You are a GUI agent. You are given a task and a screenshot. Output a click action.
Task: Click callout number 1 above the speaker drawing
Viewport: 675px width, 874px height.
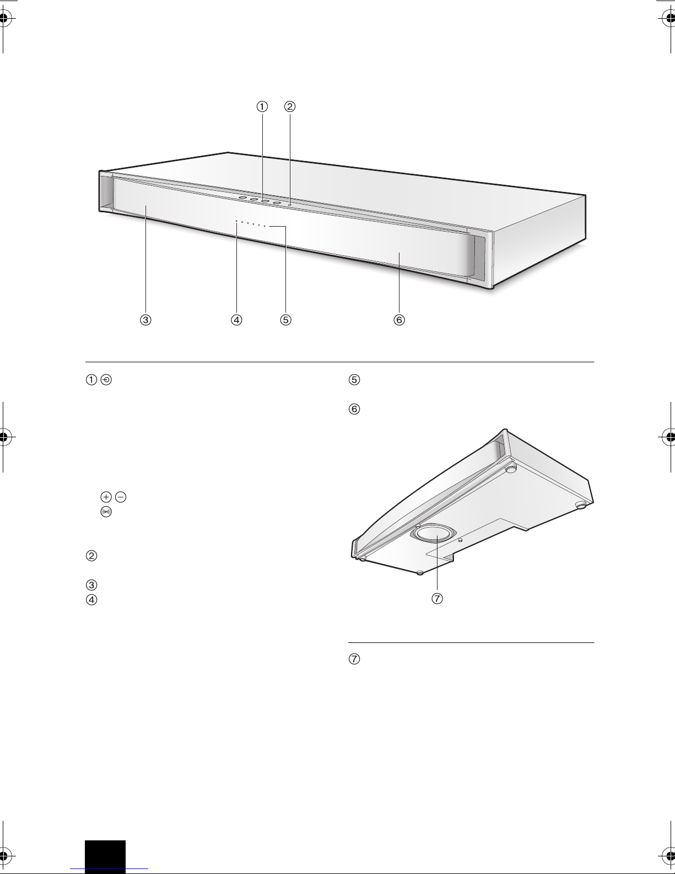point(262,106)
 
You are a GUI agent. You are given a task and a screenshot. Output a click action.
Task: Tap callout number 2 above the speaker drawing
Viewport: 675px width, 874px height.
point(290,106)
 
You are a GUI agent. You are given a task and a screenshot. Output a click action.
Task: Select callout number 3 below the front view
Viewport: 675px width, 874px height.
point(145,320)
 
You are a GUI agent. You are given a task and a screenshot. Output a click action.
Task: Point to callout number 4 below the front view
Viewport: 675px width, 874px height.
point(236,320)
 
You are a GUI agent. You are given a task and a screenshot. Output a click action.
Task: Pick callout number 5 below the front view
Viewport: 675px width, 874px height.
point(285,320)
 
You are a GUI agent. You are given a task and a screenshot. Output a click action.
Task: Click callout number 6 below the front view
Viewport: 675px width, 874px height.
point(399,320)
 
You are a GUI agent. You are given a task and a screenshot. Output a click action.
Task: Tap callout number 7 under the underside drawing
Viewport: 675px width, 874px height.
point(437,598)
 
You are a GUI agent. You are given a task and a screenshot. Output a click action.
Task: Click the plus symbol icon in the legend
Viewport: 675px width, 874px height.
point(106,497)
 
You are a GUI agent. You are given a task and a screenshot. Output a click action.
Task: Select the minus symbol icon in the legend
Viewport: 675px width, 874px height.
point(121,497)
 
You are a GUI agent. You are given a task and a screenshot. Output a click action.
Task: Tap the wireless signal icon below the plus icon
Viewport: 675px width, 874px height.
point(106,512)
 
